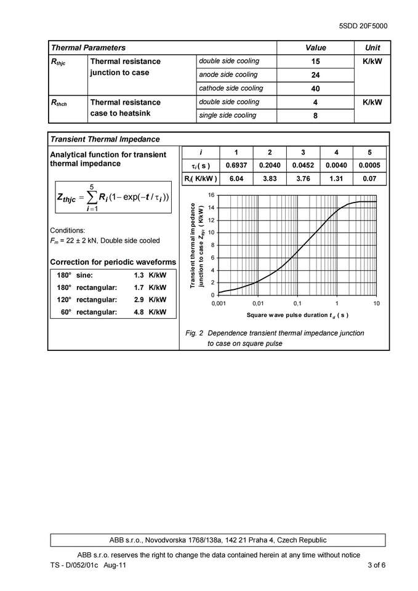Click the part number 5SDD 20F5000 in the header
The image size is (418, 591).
point(363,26)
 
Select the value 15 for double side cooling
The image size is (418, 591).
point(315,62)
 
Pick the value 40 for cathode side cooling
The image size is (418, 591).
point(315,89)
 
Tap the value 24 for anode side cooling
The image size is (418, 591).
point(315,75)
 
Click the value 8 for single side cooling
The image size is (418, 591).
point(315,116)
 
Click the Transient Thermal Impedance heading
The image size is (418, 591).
point(105,139)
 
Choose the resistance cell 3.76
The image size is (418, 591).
point(302,179)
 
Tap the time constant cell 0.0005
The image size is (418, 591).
point(369,166)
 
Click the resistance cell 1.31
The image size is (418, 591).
point(336,179)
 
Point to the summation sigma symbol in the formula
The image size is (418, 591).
point(92,198)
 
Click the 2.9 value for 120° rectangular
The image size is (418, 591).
point(138,300)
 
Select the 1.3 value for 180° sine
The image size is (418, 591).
point(138,275)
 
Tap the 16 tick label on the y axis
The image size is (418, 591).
point(211,195)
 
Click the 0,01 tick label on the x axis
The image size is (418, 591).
point(257,304)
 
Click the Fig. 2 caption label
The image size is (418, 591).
point(194,333)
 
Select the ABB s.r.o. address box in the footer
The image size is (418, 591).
point(218,540)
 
